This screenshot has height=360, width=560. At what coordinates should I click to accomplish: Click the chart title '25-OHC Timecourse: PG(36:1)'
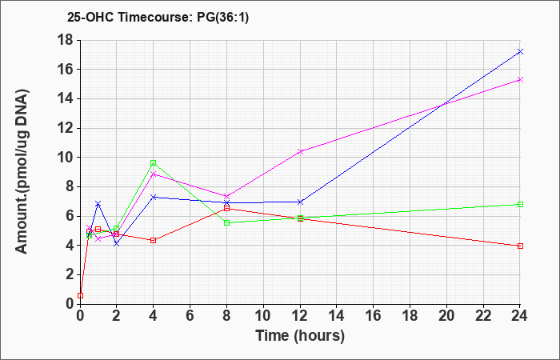pyautogui.click(x=158, y=17)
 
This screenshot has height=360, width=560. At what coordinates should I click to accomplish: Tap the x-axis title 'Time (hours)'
pyautogui.click(x=300, y=336)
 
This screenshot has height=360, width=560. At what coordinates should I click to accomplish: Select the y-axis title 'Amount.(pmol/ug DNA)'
pyautogui.click(x=22, y=171)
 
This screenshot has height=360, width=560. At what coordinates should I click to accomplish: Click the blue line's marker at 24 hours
pyautogui.click(x=520, y=52)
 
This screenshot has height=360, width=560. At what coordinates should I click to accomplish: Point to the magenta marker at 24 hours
pyautogui.click(x=520, y=80)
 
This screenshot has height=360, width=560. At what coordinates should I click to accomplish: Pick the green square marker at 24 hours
pyautogui.click(x=520, y=204)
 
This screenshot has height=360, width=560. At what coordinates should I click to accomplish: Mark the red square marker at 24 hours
pyautogui.click(x=520, y=246)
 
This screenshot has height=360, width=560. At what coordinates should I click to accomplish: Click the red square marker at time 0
pyautogui.click(x=80, y=295)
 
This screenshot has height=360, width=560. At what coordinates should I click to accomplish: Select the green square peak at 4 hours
pyautogui.click(x=154, y=163)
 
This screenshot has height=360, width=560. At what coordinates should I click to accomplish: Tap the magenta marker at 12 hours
pyautogui.click(x=300, y=151)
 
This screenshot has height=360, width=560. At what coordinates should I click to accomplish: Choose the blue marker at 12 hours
pyautogui.click(x=300, y=202)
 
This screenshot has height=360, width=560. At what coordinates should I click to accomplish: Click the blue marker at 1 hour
pyautogui.click(x=98, y=203)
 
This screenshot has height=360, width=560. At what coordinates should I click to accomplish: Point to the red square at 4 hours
pyautogui.click(x=154, y=240)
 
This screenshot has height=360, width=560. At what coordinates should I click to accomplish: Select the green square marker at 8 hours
pyautogui.click(x=226, y=223)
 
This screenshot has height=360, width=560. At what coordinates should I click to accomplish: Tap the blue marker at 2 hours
pyautogui.click(x=117, y=244)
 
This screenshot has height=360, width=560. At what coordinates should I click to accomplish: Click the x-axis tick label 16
pyautogui.click(x=374, y=316)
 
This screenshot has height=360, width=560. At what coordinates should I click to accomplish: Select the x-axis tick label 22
pyautogui.click(x=483, y=316)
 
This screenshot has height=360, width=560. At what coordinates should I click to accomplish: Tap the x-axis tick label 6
pyautogui.click(x=190, y=316)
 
